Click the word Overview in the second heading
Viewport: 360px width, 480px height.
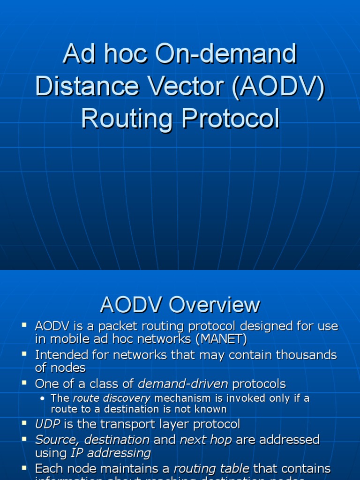coord(215,305)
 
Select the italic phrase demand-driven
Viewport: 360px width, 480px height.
coord(183,383)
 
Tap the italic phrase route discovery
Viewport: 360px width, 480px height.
coord(112,398)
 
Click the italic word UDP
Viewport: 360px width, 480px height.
coord(47,424)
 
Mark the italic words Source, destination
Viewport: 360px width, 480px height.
coord(92,439)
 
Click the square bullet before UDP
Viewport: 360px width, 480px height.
coord(24,423)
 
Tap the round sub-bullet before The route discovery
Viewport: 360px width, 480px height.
coord(43,399)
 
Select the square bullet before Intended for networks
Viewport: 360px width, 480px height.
coord(24,354)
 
